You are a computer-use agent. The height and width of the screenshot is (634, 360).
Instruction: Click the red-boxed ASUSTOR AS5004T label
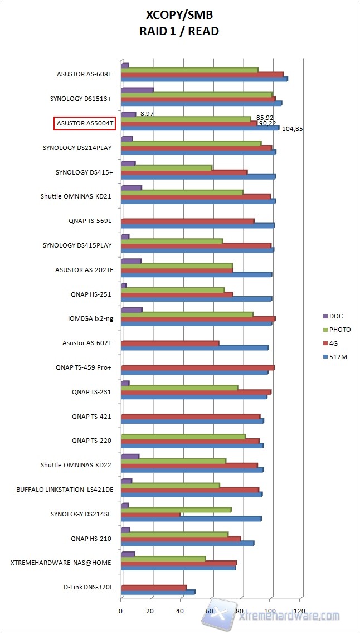pos(84,123)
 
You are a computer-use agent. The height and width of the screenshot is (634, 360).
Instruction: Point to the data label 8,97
pos(147,113)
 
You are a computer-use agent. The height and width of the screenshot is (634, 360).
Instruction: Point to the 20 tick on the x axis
pos(150,611)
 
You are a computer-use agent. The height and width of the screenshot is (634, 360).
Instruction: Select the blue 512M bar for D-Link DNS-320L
pos(158,592)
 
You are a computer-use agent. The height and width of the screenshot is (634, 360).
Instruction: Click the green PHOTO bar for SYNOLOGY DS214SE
pos(176,509)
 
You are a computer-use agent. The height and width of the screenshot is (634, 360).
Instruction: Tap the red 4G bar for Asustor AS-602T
pos(170,343)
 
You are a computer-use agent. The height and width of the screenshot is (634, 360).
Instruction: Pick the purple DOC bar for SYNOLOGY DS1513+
pos(137,89)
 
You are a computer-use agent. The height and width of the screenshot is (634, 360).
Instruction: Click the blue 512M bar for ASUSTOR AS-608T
pos(204,79)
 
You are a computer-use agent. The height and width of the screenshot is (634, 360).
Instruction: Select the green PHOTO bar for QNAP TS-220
pos(183,436)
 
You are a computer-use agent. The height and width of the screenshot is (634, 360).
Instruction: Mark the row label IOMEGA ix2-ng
pos(90,318)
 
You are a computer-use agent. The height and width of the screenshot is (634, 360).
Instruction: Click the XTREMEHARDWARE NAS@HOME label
pos(61,563)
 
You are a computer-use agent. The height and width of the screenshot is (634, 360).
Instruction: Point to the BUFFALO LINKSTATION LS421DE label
pos(65,490)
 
